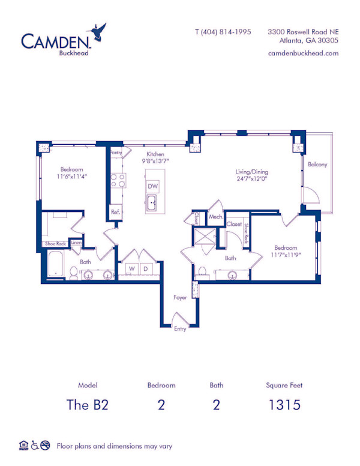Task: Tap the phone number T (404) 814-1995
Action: pos(223,32)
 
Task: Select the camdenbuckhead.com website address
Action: pos(304,53)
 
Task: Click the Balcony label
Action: pos(317,165)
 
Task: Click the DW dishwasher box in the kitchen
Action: pos(153,187)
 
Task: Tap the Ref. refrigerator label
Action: pos(115,211)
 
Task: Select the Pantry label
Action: pos(116,153)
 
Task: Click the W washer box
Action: pos(130,268)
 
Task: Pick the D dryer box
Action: pos(146,268)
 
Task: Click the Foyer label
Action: pos(180,297)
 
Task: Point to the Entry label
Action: pos(180,328)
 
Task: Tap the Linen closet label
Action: pos(76,243)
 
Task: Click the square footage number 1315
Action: pos(284,404)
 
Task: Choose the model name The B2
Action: pos(88,404)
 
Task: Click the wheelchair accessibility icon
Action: pos(35,446)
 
